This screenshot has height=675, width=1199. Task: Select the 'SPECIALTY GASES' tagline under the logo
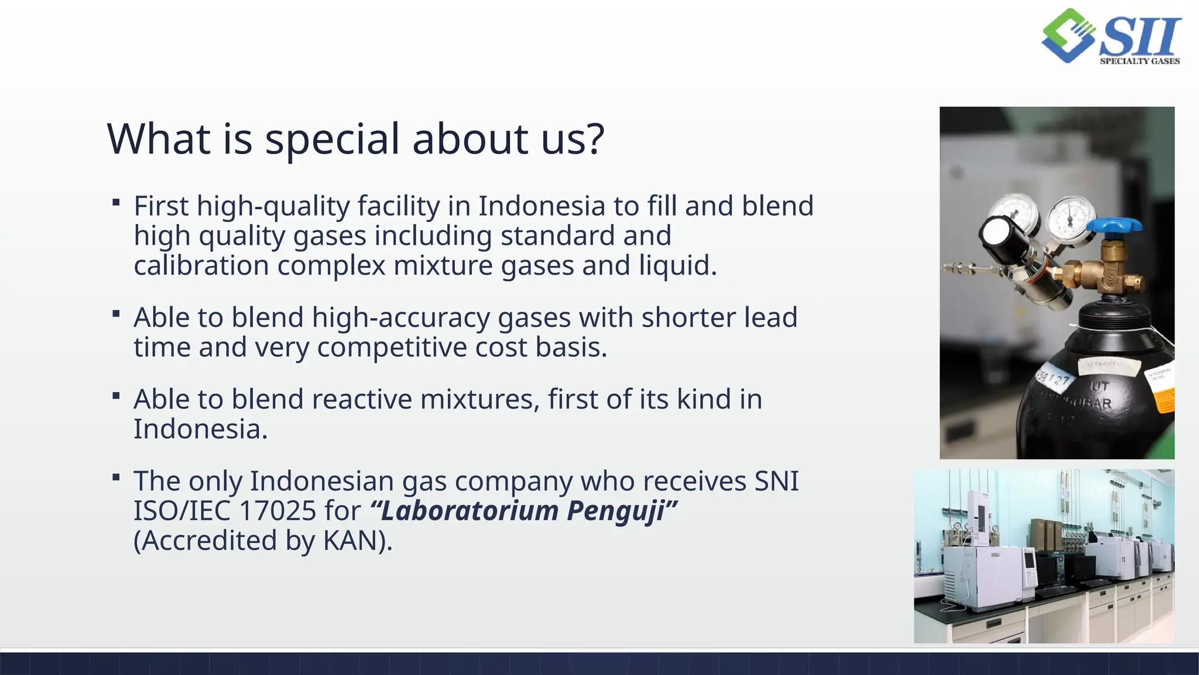pos(1139,61)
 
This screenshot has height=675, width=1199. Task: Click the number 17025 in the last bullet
pos(278,510)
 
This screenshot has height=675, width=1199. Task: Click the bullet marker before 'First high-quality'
pos(116,203)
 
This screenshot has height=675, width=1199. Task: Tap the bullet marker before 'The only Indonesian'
pos(116,478)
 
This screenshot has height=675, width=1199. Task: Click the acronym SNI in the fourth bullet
pos(776,481)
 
